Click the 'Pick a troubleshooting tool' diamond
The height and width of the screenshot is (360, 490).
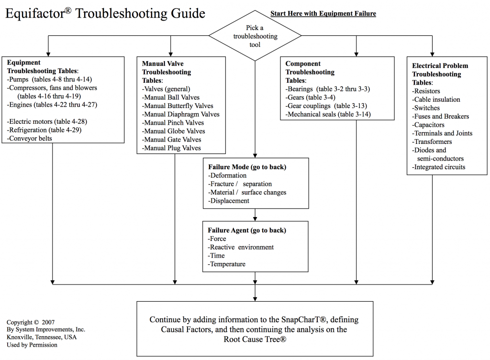[x=255, y=36]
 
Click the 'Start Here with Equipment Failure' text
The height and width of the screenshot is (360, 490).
[x=323, y=14]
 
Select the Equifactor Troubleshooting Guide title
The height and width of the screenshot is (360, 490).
[x=105, y=13]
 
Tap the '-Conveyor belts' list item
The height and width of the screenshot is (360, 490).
[x=31, y=139]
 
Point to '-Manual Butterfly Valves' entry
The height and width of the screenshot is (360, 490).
[x=178, y=106]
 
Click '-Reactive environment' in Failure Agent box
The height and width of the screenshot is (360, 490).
[x=241, y=247]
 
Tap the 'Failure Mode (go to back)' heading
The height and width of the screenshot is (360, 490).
[x=247, y=167]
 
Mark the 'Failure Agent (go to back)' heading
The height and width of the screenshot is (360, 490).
[x=246, y=230]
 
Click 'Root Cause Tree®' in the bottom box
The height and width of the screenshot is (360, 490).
[x=255, y=339]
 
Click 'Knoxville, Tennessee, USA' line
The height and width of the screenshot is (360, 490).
[x=42, y=337]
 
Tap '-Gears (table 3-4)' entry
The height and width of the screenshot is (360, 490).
[x=312, y=97]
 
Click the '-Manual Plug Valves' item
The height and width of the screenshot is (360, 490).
[x=171, y=148]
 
